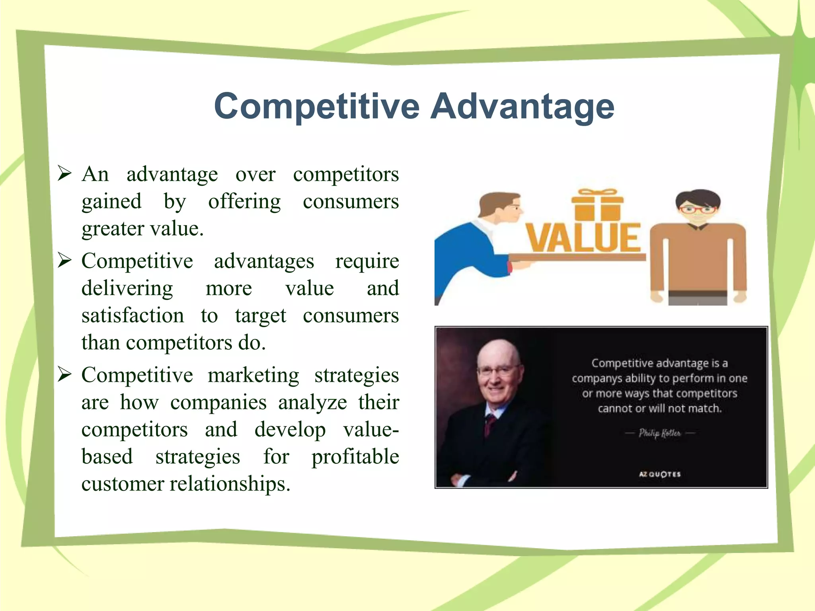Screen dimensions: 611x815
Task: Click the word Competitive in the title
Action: (x=316, y=106)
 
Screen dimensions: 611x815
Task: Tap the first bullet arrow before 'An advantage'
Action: (x=64, y=173)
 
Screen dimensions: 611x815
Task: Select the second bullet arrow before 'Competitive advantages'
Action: (x=64, y=260)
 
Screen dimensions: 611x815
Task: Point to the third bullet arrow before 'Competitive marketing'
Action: (x=64, y=374)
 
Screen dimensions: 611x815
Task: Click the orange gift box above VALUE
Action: (x=597, y=205)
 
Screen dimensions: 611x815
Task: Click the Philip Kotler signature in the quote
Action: (x=659, y=433)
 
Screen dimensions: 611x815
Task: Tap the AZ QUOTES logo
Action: (x=659, y=474)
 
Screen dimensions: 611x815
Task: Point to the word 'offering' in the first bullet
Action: (x=244, y=201)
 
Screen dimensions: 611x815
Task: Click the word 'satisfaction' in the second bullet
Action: (x=133, y=315)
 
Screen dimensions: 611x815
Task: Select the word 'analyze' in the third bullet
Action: (x=312, y=402)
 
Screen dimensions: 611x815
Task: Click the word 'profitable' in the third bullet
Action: (x=355, y=457)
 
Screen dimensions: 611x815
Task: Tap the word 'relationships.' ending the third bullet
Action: (x=230, y=484)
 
